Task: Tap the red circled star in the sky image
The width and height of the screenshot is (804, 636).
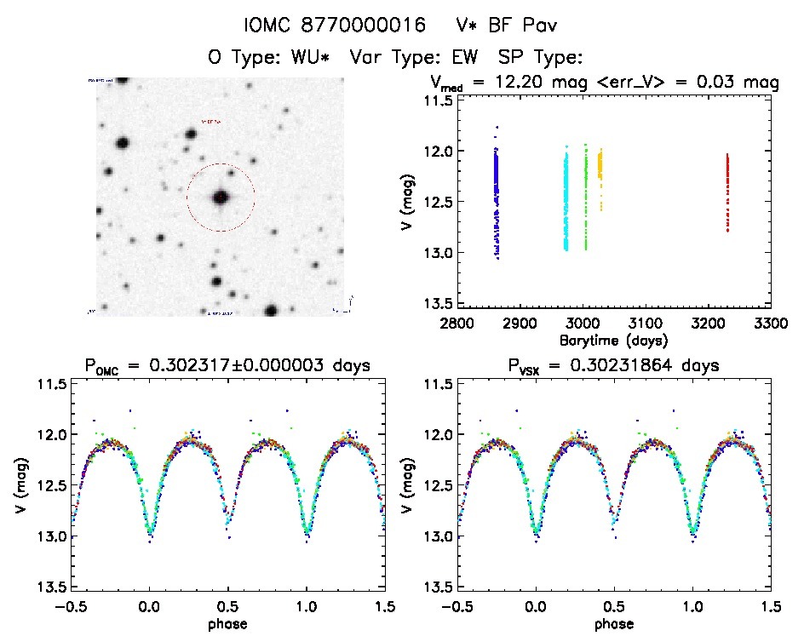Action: [x=221, y=198]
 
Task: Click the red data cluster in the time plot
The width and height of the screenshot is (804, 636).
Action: [x=727, y=192]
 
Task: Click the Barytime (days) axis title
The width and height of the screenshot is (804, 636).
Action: [x=613, y=340]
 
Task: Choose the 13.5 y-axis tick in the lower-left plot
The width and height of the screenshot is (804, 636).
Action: [x=53, y=587]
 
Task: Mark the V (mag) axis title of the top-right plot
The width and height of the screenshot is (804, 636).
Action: [x=411, y=203]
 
